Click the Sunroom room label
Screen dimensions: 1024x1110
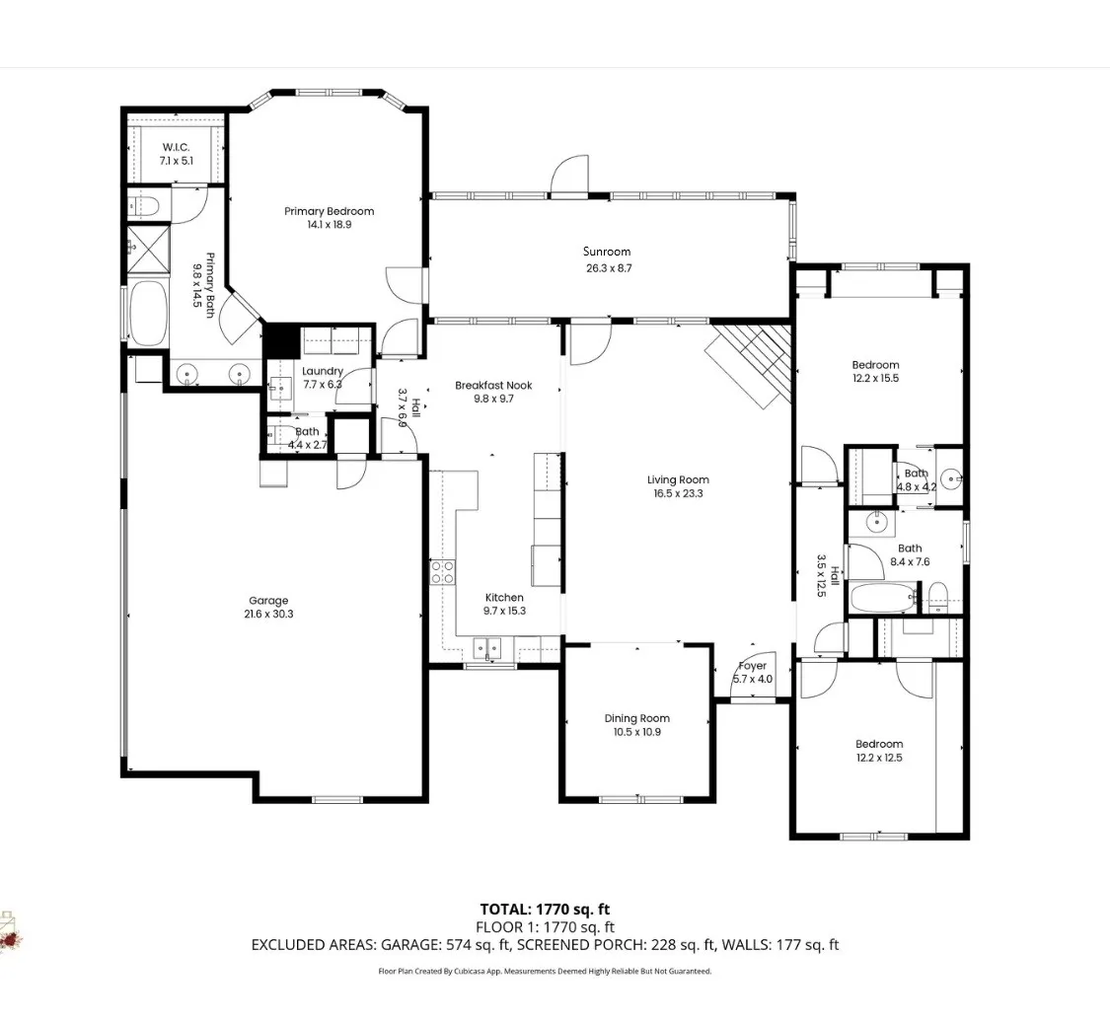(606, 252)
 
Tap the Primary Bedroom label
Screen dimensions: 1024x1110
(329, 211)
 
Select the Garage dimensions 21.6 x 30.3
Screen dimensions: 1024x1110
(268, 614)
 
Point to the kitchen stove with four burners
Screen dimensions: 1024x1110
(443, 571)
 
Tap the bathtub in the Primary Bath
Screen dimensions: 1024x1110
(149, 313)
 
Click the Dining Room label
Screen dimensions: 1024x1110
(636, 718)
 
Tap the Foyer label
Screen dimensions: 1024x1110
(752, 666)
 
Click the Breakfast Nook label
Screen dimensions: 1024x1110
(493, 385)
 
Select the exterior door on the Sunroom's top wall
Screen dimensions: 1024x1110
(570, 178)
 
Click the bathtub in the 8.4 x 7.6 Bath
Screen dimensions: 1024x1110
(884, 597)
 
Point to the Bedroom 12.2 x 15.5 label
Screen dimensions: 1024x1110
(875, 365)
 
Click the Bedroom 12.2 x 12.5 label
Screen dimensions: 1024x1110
(878, 744)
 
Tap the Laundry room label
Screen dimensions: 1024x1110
(322, 371)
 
